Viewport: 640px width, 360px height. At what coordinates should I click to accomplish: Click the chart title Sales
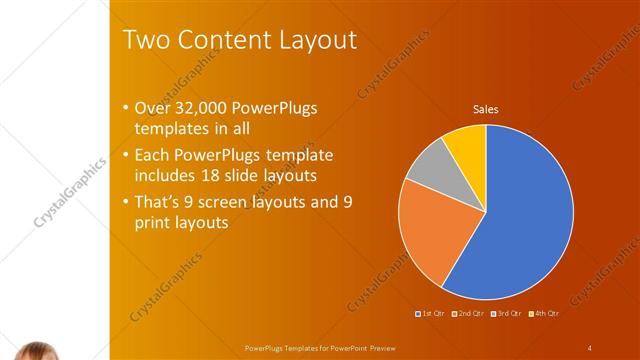[485, 109]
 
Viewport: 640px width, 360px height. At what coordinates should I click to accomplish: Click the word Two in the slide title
[145, 40]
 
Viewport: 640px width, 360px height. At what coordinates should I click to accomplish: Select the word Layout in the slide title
[315, 40]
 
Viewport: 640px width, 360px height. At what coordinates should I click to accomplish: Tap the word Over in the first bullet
[151, 109]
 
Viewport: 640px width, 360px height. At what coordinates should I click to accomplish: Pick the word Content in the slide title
[220, 40]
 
